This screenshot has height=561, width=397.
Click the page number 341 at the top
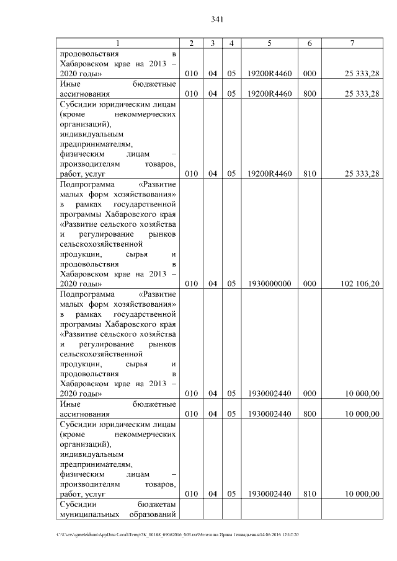point(216,19)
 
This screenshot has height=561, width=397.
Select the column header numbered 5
point(269,43)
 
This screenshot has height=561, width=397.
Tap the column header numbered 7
point(352,43)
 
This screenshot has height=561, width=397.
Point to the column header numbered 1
point(118,43)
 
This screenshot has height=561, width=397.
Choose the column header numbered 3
point(212,43)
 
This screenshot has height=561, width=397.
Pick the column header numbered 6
point(310,43)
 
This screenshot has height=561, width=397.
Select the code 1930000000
point(269,283)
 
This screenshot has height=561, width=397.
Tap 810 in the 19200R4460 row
point(310,174)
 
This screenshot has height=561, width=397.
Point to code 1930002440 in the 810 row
point(269,494)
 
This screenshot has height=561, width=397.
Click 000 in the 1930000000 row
point(310,283)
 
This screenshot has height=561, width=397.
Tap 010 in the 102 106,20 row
point(191,283)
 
